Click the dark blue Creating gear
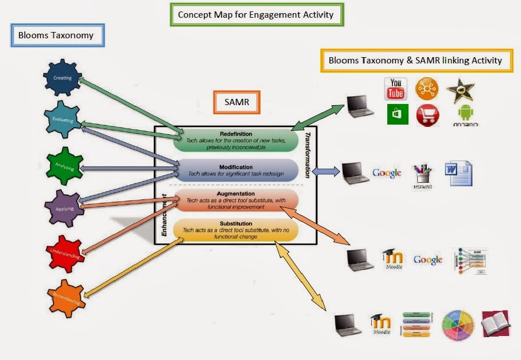tap(62, 78)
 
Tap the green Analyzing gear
tap(65, 166)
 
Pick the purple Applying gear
tap(64, 208)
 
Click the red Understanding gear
tap(66, 254)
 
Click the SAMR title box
tap(236, 102)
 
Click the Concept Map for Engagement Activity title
tap(257, 15)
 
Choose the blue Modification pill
tap(236, 170)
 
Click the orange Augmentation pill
tap(236, 200)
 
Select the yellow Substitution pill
tap(236, 230)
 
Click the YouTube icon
tap(395, 89)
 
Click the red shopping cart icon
tap(427, 115)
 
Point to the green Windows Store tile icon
tap(396, 114)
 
